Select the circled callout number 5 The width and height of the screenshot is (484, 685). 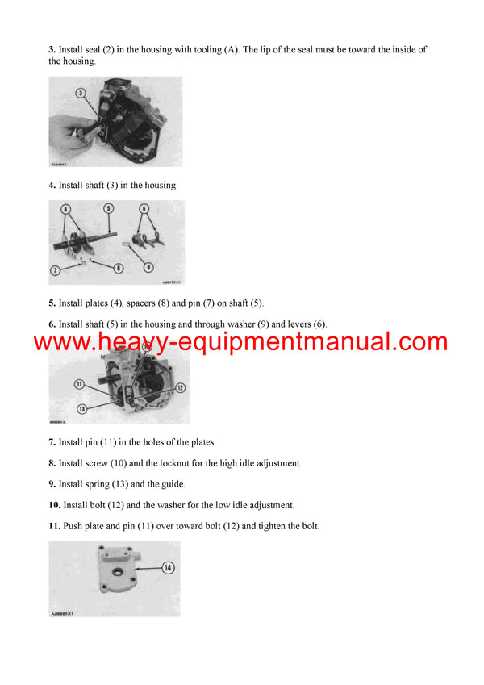pos(107,208)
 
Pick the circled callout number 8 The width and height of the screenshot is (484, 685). pos(119,268)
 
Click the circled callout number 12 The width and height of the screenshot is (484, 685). pos(181,388)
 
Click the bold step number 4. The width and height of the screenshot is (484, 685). pos(52,186)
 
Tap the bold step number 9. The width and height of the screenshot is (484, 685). pos(52,484)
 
